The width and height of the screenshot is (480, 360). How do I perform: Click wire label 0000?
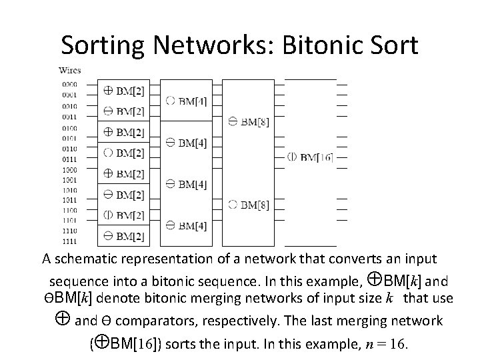(x=69, y=85)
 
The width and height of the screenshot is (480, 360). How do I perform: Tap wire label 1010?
(x=69, y=188)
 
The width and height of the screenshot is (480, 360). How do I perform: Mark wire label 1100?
(x=69, y=209)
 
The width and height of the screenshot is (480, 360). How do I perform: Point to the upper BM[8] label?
(x=248, y=121)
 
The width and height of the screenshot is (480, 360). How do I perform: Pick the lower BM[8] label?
(x=248, y=204)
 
